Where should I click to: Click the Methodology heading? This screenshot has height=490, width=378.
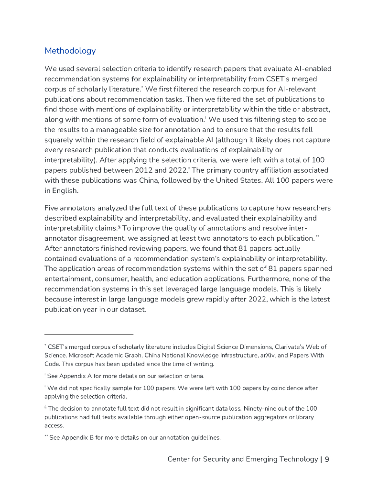click(70, 51)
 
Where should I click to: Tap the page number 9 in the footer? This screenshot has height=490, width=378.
click(327, 459)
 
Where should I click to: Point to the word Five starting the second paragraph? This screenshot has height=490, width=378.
click(52, 208)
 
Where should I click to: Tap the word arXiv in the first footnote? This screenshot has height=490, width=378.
click(265, 356)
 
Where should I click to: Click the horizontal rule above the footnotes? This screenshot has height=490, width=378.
click(88, 334)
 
